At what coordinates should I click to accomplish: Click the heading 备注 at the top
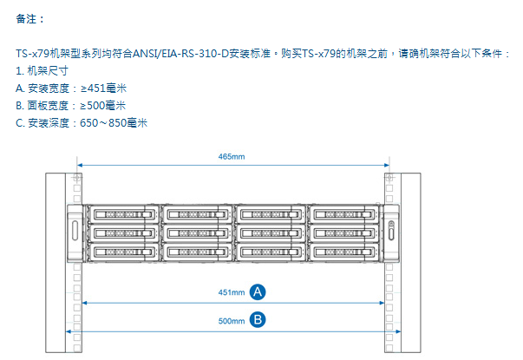point(26,19)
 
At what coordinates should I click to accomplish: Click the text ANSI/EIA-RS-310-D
point(180,54)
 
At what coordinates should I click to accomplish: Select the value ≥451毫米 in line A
point(104,88)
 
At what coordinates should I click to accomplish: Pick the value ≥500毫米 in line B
point(103,106)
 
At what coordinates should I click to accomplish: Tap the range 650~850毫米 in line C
point(114,123)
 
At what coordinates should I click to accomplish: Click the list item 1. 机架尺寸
point(42,71)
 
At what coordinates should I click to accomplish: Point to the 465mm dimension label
point(232,156)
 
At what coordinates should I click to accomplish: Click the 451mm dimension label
point(232,292)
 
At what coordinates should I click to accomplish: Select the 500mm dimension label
point(232,321)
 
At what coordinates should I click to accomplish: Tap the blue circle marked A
point(258,292)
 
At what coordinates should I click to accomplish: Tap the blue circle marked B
point(258,319)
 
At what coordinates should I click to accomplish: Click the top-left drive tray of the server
point(123,214)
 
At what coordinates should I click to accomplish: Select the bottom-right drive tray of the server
point(343,252)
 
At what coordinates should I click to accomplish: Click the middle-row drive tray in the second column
point(197,232)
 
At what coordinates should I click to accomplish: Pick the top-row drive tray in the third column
point(270,214)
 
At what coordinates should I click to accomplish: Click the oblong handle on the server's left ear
point(75,230)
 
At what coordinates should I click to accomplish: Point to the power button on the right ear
point(391,224)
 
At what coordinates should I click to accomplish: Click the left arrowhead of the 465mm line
point(80,165)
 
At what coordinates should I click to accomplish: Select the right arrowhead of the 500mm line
point(398,331)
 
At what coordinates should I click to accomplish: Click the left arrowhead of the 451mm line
point(85,303)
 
